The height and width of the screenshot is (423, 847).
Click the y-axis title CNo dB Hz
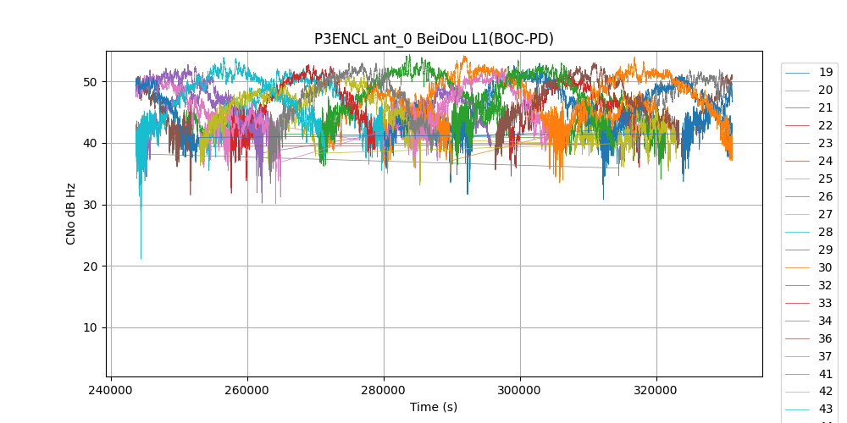pos(71,214)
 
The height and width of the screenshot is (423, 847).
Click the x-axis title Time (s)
pos(433,407)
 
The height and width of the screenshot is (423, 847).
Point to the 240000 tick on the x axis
pos(111,391)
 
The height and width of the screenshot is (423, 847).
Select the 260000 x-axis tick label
pos(247,391)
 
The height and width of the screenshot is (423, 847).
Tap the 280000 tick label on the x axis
pos(384,391)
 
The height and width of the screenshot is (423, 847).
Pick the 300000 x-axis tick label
pos(520,391)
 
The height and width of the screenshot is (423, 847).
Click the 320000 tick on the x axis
pos(656,391)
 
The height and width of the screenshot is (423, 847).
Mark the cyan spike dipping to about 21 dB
pos(141,257)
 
